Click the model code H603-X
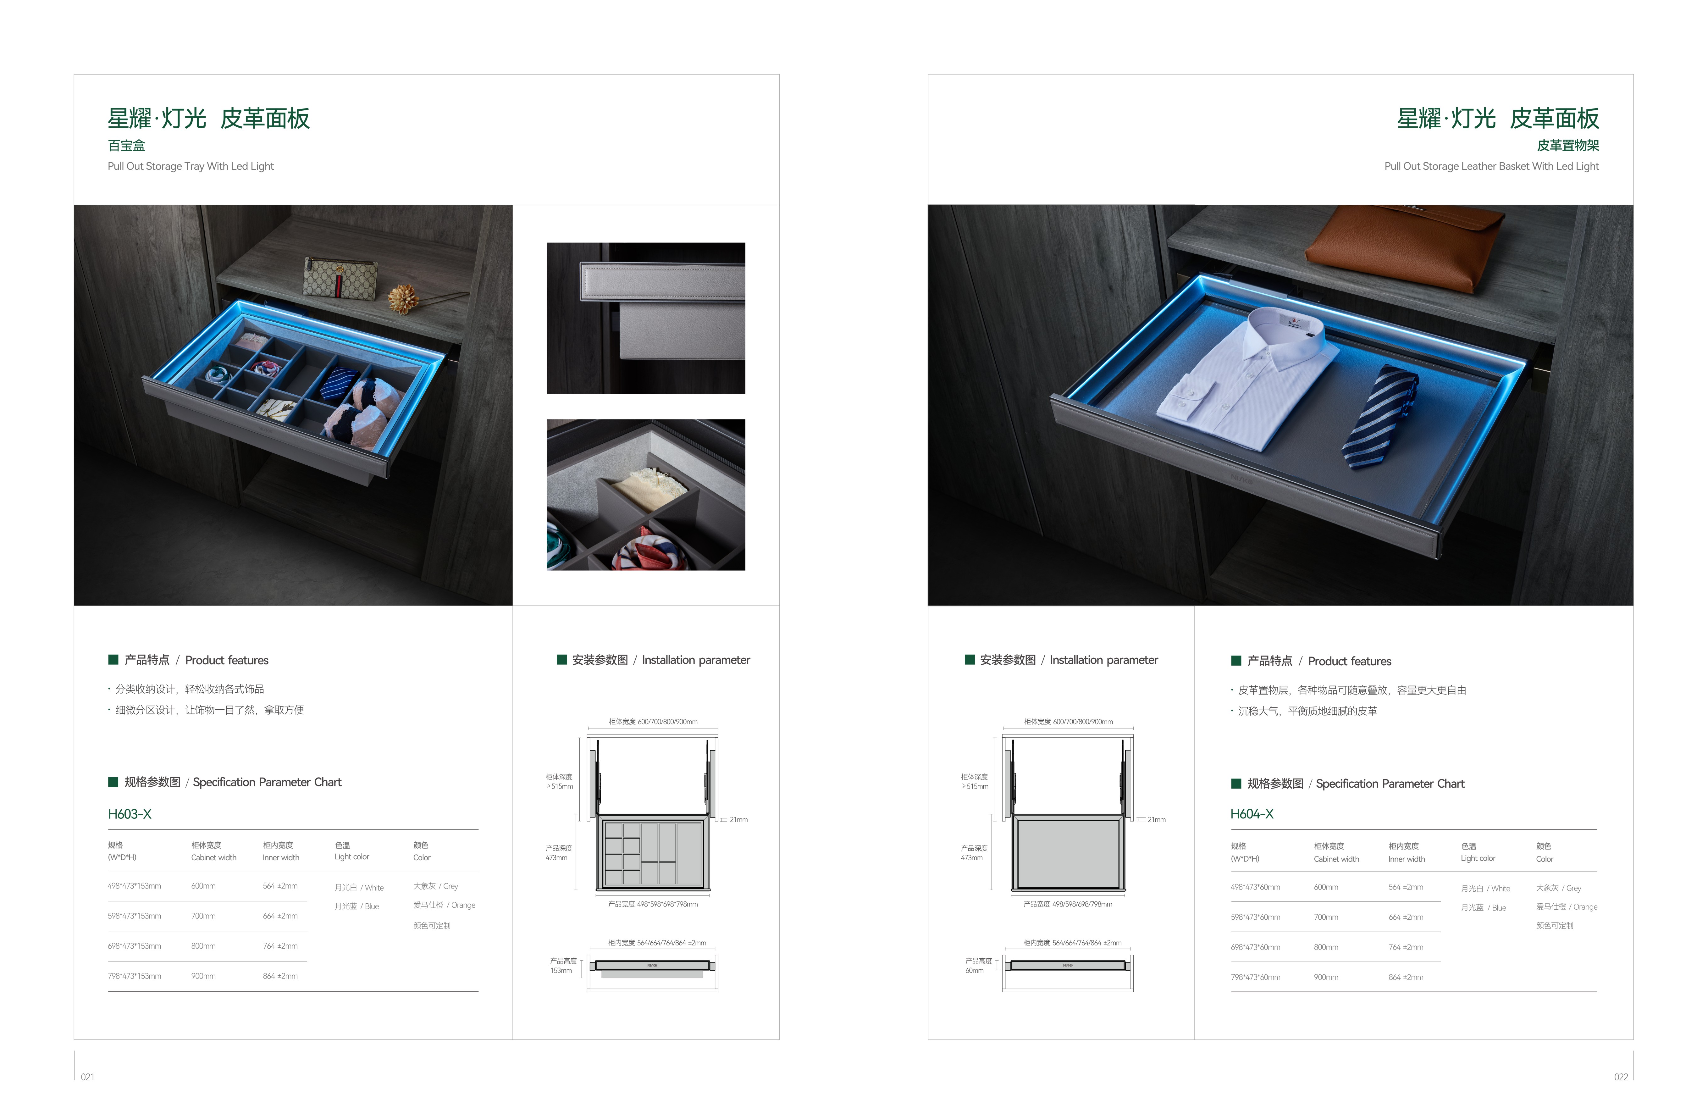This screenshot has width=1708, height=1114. pos(130,814)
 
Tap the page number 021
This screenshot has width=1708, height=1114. pos(87,1077)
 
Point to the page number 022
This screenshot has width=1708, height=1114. pos(1621,1077)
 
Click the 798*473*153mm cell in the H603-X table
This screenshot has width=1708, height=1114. pos(134,976)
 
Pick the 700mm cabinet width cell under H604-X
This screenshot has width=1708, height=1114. pos(1325,917)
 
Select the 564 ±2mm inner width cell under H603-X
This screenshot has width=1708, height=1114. pos(280,886)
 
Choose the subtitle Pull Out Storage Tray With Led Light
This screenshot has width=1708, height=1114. pos(191,166)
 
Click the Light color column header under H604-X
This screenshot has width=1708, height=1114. pos(1478,858)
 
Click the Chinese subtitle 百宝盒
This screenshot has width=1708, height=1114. pos(126,146)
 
